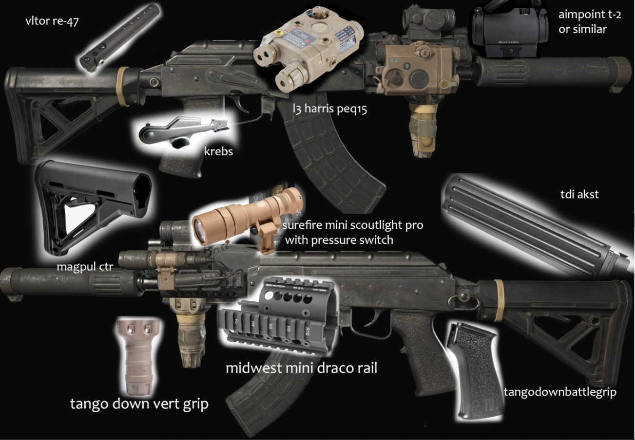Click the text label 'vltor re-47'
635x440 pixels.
[x=52, y=21]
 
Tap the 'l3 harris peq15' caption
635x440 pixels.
[x=330, y=109]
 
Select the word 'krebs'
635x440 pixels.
[x=218, y=151]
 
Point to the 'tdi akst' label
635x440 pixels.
[x=579, y=195]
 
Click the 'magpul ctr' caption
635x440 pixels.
[x=81, y=267]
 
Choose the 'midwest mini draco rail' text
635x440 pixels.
[x=301, y=368]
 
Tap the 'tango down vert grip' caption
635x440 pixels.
[x=139, y=403]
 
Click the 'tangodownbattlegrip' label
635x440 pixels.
[x=560, y=392]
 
